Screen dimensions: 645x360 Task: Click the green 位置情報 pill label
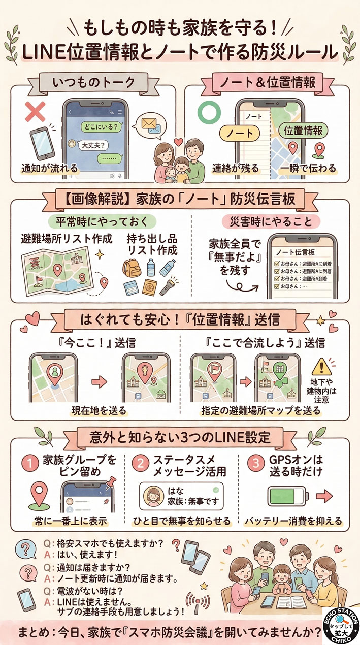[x=304, y=131]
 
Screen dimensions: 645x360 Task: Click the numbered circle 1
[x=31, y=463]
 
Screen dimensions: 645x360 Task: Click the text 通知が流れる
[x=43, y=168]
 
